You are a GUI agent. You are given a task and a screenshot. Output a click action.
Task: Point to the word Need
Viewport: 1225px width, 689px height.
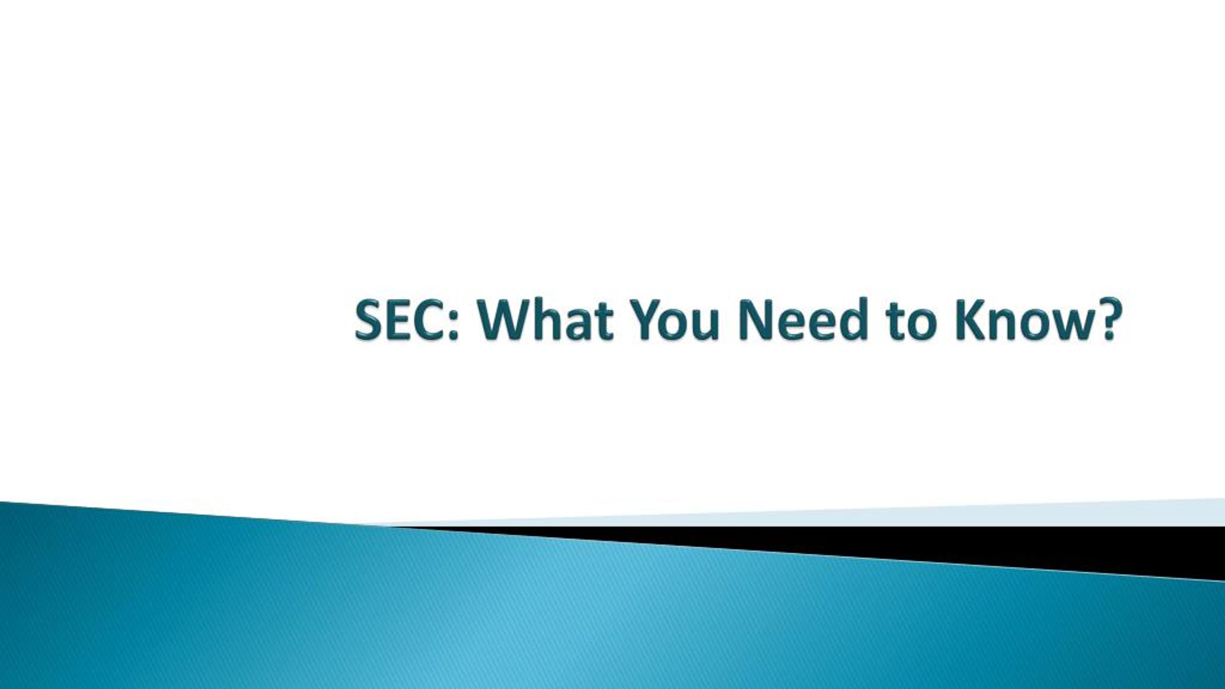pos(804,319)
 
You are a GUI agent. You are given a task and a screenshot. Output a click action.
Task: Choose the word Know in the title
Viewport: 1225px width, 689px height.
pos(1019,319)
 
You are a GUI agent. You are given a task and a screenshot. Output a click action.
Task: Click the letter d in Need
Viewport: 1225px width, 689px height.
pos(853,319)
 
